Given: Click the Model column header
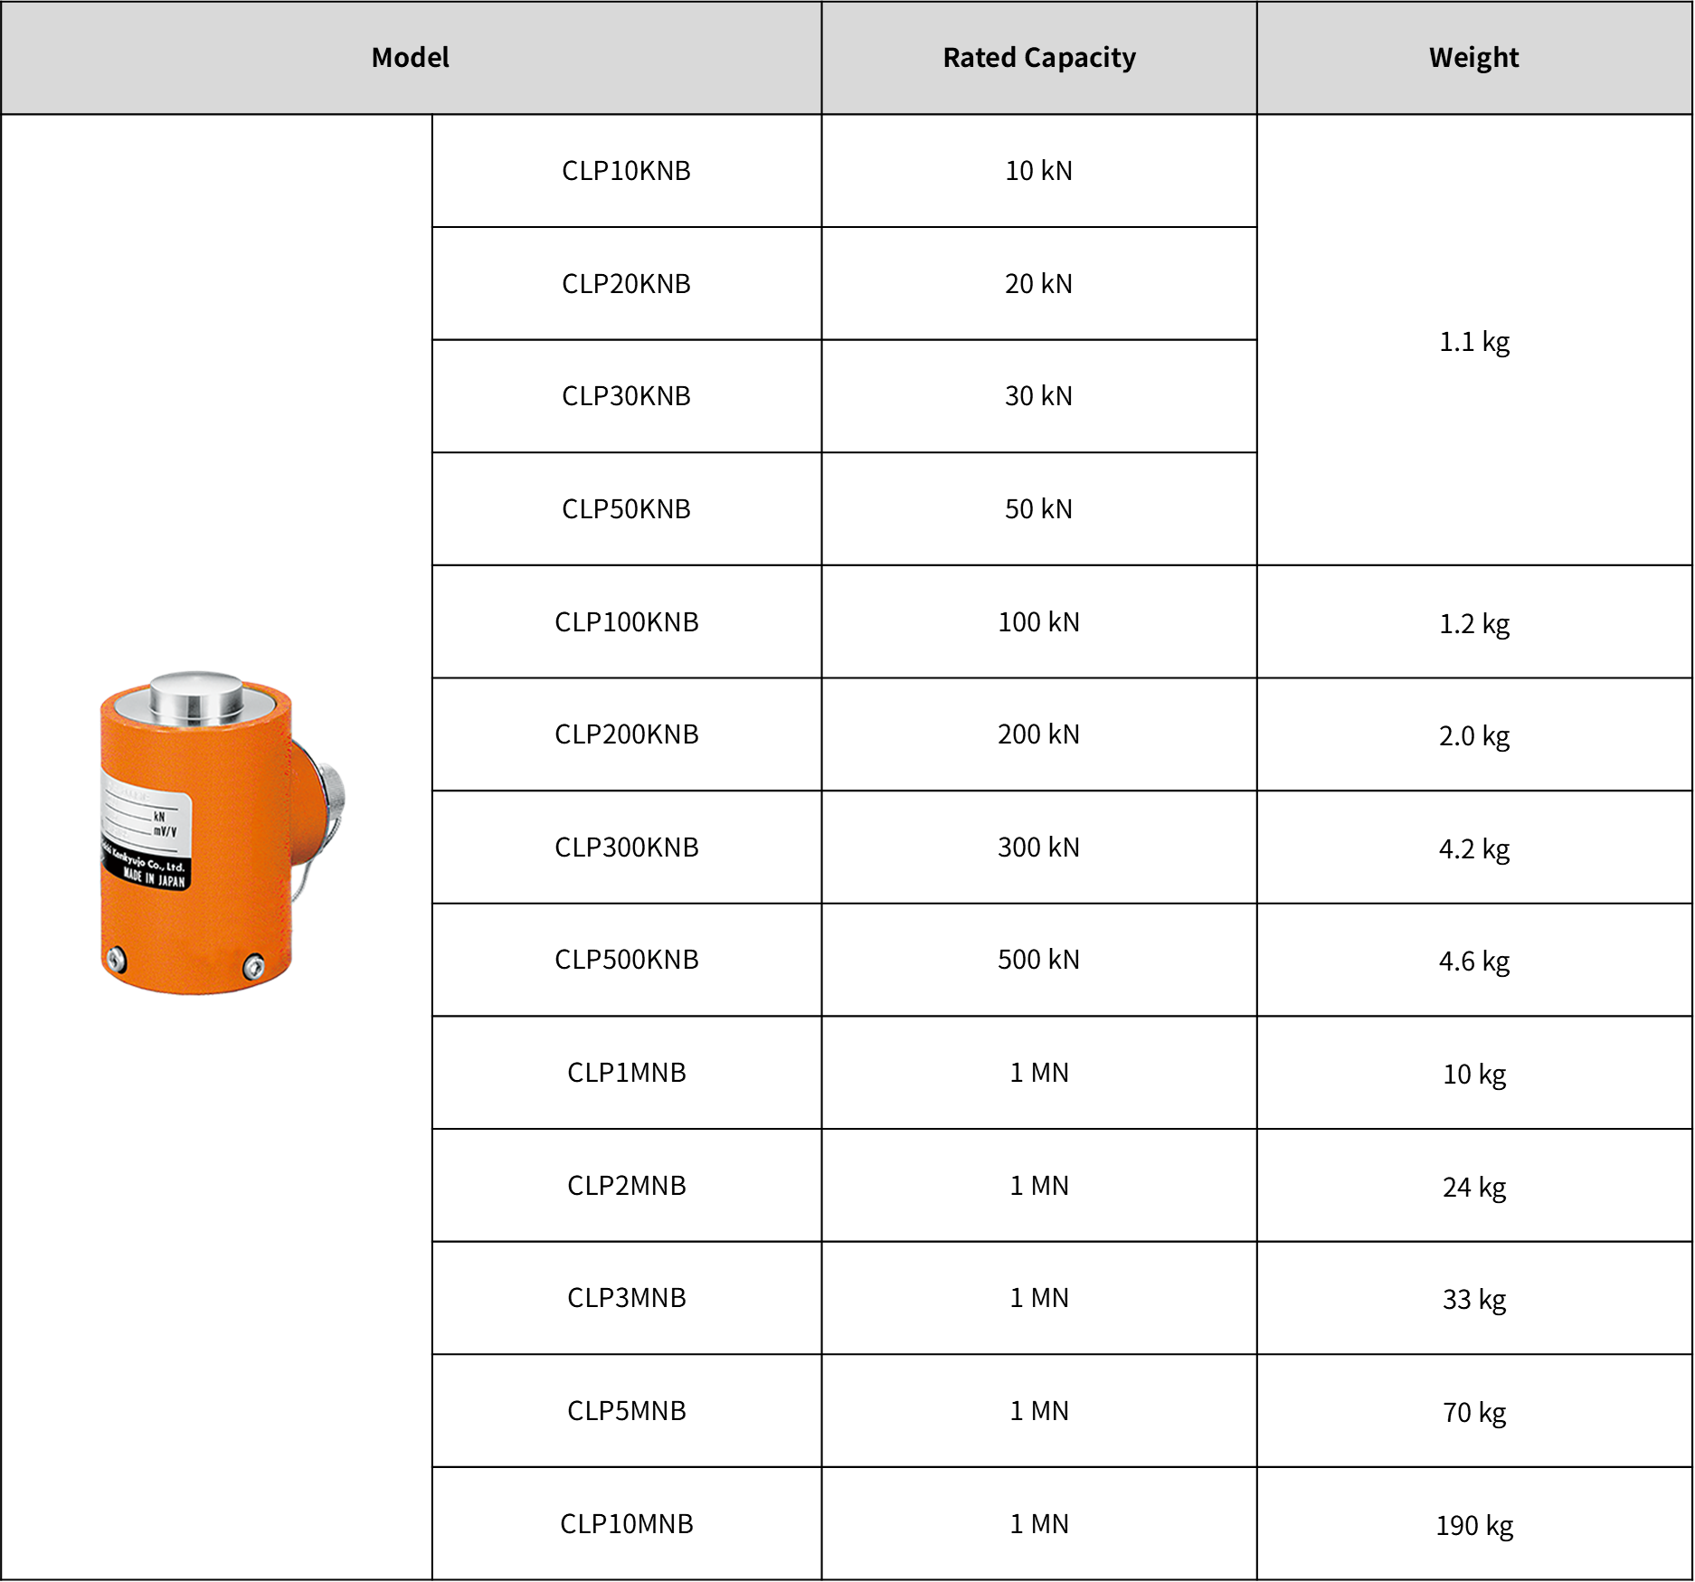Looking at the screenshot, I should point(410,58).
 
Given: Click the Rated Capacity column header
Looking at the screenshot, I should point(1038,58).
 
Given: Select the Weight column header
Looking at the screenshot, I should point(1473,58).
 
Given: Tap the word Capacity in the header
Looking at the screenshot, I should point(1080,58).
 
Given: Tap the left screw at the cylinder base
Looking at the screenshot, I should point(116,960).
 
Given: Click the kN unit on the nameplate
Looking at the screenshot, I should point(159,816).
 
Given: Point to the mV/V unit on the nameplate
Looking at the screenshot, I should point(165,830).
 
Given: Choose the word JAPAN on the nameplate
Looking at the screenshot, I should point(169,880).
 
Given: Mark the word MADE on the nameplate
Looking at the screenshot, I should point(132,873).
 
